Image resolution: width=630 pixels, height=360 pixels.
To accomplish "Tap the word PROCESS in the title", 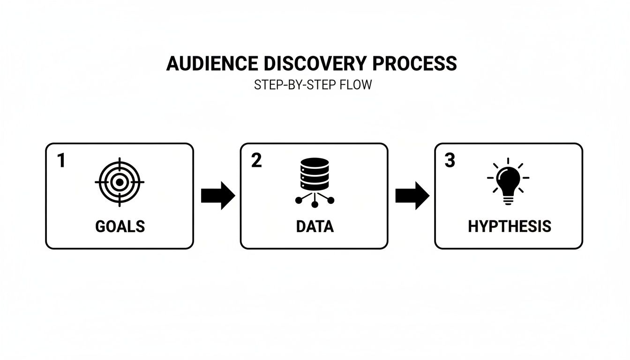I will pos(417,63).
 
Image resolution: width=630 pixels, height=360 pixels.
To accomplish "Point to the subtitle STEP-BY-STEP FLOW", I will pos(313,85).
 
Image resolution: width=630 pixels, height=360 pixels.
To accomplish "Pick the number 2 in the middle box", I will pos(256,161).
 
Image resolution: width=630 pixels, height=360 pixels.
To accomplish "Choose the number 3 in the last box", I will pos(450,161).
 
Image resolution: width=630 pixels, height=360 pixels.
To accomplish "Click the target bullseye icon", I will pos(119,182).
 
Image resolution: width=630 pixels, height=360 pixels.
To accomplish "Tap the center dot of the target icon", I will pos(119,182).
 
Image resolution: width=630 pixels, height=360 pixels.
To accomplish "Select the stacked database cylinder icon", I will pos(314,174).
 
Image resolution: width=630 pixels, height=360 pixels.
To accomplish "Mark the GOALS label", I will pos(120,226).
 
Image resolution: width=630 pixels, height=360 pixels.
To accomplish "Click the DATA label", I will pos(315,226).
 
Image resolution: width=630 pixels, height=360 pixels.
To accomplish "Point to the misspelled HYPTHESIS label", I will pos(510,226).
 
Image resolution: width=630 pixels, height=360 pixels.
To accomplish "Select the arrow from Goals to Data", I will pos(217,196).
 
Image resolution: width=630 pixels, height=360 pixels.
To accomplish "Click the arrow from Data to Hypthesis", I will pos(412,196).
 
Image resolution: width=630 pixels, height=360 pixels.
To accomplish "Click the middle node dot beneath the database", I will pos(315,204).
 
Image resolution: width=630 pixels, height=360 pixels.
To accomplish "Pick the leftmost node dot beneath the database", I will pos(299,201).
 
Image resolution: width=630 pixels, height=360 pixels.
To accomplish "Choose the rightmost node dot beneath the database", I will pos(330,201).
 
